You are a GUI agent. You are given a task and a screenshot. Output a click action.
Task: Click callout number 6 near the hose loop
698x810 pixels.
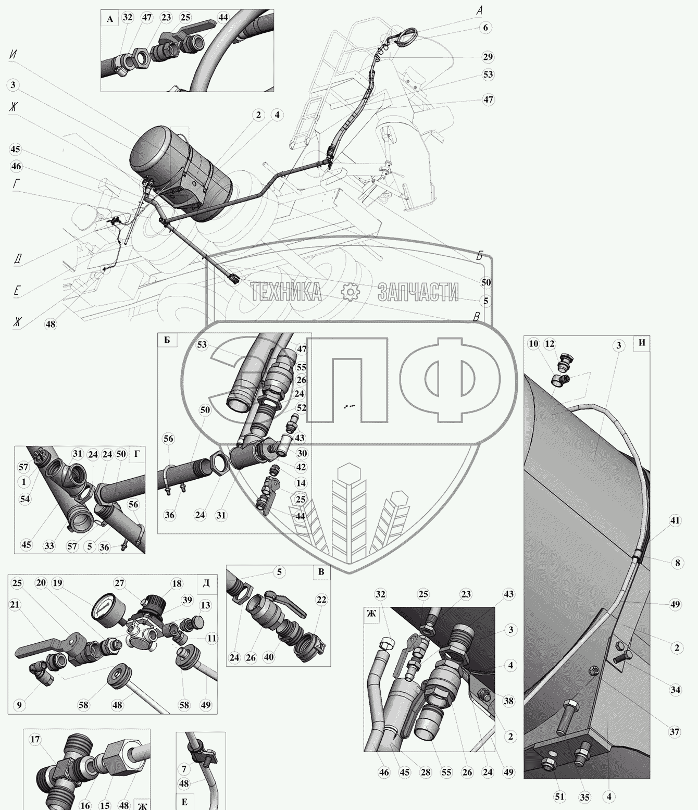click(x=485, y=28)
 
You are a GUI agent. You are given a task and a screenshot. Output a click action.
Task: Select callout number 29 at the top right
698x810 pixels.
click(x=488, y=57)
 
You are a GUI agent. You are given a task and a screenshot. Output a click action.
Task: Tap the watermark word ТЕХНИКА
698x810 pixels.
click(x=286, y=292)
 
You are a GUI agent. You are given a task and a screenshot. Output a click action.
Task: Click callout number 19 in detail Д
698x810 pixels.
click(x=58, y=583)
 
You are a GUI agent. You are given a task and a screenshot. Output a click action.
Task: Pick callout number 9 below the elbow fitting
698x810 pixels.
click(x=19, y=705)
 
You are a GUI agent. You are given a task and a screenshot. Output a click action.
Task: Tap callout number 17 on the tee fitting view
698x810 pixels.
click(x=35, y=739)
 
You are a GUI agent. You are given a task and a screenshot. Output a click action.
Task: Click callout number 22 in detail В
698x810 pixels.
click(x=321, y=600)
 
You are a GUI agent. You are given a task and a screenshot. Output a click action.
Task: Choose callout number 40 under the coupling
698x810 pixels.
click(x=269, y=657)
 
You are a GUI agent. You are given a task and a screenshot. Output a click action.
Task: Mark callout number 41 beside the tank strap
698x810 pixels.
click(x=675, y=520)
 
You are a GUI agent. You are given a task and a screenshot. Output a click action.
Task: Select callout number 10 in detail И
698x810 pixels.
click(x=533, y=344)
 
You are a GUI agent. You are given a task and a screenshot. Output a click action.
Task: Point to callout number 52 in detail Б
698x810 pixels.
click(x=302, y=408)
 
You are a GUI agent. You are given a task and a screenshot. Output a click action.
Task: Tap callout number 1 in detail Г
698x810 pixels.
click(x=23, y=482)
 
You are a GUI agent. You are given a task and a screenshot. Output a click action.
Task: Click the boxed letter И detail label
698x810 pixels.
click(x=642, y=344)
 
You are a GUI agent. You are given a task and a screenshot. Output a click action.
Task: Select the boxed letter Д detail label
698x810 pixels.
click(x=206, y=582)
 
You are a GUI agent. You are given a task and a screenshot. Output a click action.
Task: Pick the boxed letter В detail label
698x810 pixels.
click(x=321, y=572)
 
